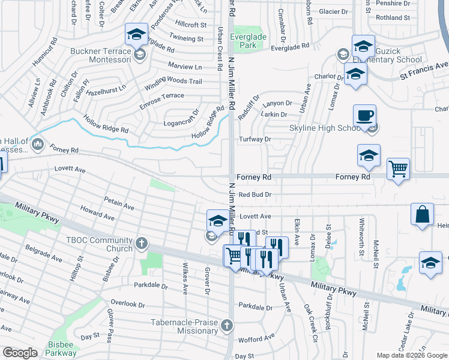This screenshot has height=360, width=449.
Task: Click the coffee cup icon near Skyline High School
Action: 365,116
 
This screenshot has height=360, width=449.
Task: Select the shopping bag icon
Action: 423,215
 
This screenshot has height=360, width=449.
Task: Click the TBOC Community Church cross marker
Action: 141,242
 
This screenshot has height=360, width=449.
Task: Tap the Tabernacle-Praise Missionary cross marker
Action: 226,325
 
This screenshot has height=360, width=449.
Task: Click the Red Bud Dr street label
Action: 255,194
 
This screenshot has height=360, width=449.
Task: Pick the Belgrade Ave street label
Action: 43,251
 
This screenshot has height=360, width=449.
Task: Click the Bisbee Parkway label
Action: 61,349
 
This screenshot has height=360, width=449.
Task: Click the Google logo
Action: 20,353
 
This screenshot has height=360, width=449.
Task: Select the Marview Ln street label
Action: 185,67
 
